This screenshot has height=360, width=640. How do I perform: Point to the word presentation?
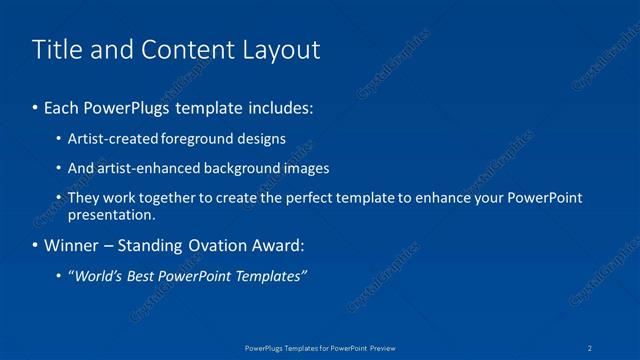pos(111,214)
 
